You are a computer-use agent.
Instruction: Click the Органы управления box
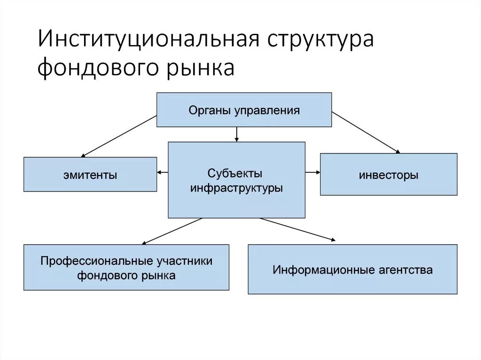244,110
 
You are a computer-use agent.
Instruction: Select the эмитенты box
90,175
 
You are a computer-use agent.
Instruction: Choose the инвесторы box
388,175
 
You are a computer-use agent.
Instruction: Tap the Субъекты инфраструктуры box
236,181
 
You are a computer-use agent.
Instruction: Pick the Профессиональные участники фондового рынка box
126,268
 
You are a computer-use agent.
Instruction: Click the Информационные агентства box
352,269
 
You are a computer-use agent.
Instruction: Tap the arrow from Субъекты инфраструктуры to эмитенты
163,173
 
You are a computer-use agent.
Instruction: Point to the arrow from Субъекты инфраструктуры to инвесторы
313,173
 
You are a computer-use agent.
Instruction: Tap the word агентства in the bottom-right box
404,270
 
